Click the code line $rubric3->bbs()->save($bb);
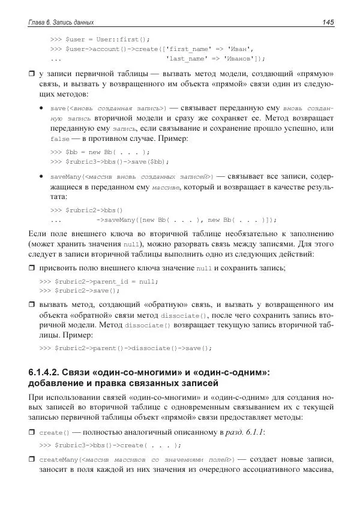click(x=110, y=161)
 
